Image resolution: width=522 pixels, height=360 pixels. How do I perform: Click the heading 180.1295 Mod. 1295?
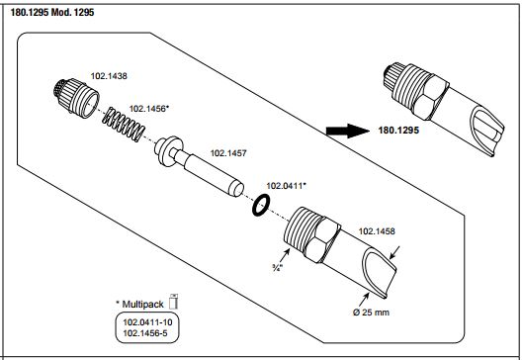coord(52,13)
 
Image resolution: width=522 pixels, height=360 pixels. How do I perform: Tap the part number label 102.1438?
coord(109,76)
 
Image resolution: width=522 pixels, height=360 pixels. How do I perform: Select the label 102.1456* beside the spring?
coord(149,109)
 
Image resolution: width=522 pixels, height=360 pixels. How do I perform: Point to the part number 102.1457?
coord(228,153)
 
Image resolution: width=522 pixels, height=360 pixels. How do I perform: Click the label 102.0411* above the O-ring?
coord(286,186)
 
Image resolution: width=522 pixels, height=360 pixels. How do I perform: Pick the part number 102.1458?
coord(377,231)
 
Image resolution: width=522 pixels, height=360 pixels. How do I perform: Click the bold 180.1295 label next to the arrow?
coord(398,131)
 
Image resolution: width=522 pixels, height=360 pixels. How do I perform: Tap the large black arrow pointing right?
coord(347,131)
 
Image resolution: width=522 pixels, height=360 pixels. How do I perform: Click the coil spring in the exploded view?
coord(124,125)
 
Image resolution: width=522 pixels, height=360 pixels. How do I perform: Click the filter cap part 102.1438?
coord(76,98)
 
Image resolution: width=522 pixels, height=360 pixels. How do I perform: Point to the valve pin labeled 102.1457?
coord(199,166)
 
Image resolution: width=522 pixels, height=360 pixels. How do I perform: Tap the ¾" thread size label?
coord(277,267)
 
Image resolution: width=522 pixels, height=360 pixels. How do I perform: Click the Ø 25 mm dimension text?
coord(371,313)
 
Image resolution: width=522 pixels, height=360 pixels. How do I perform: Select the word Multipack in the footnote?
coord(142,304)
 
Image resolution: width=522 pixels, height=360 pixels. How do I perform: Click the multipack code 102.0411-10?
coord(147,322)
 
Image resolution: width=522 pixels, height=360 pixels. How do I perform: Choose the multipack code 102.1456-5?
coord(145,332)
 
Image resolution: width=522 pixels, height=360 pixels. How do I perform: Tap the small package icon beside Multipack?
coord(173,302)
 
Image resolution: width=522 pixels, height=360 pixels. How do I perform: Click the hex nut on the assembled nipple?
coord(430,97)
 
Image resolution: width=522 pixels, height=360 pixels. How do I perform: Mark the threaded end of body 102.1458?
coord(300,228)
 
